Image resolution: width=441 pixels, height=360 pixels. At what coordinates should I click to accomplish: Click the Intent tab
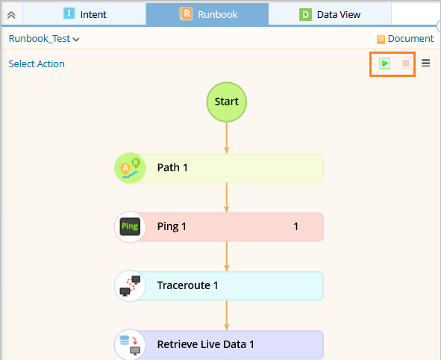click(84, 14)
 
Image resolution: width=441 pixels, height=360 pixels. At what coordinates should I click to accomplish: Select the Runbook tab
click(207, 14)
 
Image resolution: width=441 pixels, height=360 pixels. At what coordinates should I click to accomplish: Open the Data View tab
click(330, 14)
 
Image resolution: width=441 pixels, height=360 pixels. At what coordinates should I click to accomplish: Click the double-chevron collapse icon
click(11, 15)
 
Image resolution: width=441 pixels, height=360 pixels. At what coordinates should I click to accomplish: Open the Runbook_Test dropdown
click(44, 39)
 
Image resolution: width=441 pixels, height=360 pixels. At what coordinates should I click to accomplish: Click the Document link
click(405, 39)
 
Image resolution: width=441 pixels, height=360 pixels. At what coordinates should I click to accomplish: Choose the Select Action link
click(37, 64)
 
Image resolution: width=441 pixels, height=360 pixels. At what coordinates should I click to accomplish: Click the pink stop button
click(406, 63)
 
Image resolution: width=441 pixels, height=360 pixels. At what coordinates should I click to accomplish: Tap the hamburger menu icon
click(425, 63)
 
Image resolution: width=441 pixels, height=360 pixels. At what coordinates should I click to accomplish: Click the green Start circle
click(227, 102)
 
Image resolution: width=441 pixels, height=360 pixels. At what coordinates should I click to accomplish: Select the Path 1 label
click(172, 168)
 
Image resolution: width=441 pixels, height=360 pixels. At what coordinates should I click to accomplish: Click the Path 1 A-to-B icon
click(130, 168)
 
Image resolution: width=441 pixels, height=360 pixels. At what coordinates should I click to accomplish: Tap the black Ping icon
click(130, 226)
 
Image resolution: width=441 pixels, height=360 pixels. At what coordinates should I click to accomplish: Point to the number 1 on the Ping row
click(296, 226)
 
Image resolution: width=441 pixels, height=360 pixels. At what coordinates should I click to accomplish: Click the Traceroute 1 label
click(187, 285)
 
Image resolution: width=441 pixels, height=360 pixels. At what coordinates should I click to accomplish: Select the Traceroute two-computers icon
click(130, 286)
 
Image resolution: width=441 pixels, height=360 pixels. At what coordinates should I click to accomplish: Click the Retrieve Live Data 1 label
click(206, 344)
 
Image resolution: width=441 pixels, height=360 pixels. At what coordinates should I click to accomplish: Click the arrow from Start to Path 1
click(227, 138)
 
